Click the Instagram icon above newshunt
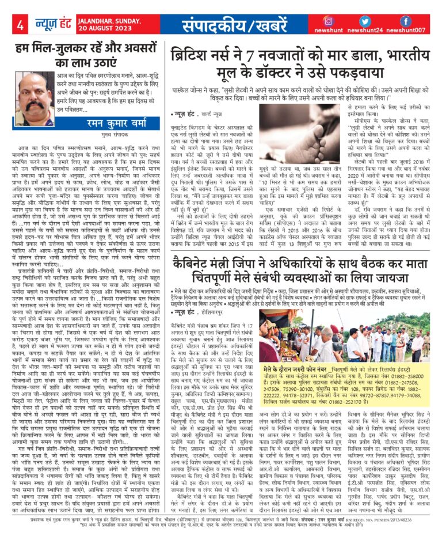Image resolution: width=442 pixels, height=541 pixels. click(328, 21)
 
